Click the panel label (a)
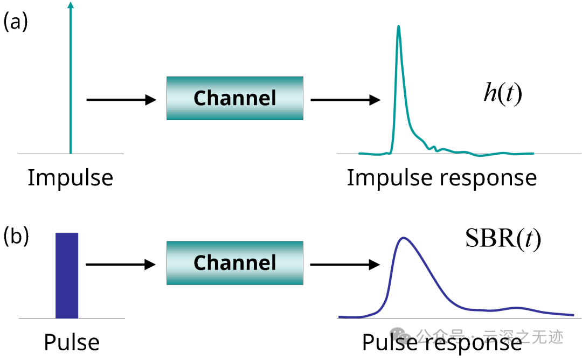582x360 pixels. point(15,22)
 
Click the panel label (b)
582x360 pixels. point(16,237)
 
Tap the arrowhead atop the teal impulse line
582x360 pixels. point(70,5)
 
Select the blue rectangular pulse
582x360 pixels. point(67,275)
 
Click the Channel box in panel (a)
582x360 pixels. point(234,98)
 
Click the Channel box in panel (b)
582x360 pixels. point(234,263)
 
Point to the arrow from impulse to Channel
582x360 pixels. point(121,100)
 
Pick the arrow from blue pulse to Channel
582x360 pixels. point(121,264)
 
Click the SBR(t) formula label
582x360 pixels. point(502,239)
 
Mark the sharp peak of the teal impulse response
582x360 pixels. point(398,27)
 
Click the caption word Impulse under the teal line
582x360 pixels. point(70,178)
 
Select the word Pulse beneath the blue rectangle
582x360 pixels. point(72,343)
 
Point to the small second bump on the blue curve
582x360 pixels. point(516,308)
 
